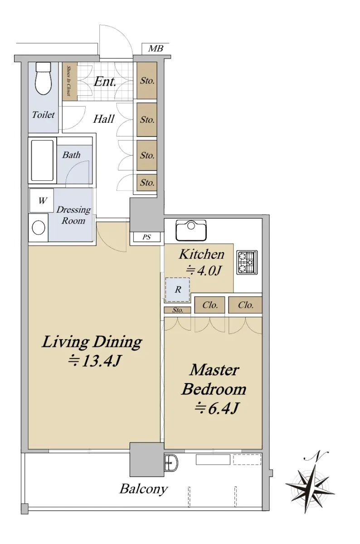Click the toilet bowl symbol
click(x=44, y=78)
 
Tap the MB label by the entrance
click(x=156, y=49)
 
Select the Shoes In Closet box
click(x=70, y=81)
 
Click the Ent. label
click(x=105, y=82)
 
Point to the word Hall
click(x=104, y=119)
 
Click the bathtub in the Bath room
click(x=42, y=160)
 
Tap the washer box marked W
click(x=42, y=200)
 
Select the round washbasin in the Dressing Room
click(x=39, y=228)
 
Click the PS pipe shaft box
click(x=147, y=237)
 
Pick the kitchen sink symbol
click(x=191, y=230)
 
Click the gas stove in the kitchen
click(x=247, y=262)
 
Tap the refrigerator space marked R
click(x=177, y=290)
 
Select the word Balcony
click(x=144, y=488)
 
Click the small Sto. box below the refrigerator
click(x=178, y=310)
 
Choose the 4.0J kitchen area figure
click(x=204, y=270)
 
